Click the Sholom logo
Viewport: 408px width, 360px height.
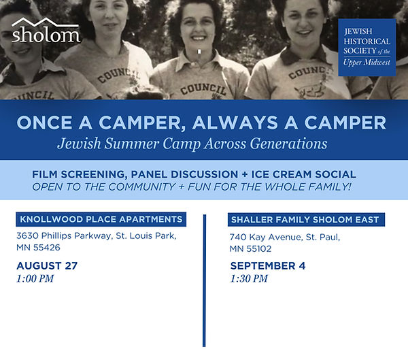46,30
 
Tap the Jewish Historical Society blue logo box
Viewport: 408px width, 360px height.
367,48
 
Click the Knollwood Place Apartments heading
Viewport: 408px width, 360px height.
101,219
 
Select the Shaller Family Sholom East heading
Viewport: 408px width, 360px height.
306,220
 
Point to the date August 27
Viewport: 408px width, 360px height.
47,265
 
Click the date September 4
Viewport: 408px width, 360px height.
268,265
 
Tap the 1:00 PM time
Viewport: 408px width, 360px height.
35,278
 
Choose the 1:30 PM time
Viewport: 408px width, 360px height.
249,278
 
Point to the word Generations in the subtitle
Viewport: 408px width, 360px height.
288,144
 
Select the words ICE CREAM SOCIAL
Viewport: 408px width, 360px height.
304,174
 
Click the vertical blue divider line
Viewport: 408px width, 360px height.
204,280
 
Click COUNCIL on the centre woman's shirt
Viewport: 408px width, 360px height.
203,89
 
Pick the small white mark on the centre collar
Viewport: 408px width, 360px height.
199,52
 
